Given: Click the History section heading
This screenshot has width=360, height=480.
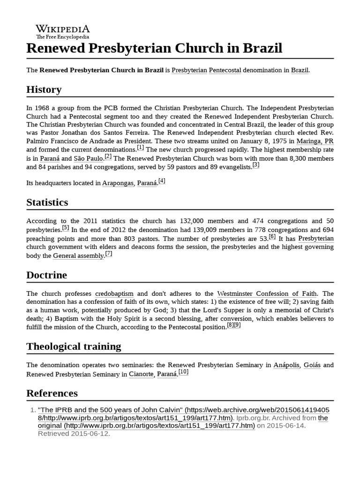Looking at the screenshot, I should tap(44, 90).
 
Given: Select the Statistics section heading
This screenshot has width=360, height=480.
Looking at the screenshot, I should tap(47, 202).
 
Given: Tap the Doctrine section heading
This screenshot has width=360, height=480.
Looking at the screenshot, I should tap(46, 275).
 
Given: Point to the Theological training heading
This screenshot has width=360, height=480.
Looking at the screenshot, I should tap(74, 346).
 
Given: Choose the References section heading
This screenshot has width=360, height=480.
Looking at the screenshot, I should tap(52, 393).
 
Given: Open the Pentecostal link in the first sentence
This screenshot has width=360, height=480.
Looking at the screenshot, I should tap(225, 70).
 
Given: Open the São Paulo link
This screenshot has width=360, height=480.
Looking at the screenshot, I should tap(89, 158).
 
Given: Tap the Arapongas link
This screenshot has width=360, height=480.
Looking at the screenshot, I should tap(118, 183).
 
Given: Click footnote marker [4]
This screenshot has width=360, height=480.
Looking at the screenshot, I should tap(162, 181).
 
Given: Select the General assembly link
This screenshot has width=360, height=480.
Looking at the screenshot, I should tap(78, 256).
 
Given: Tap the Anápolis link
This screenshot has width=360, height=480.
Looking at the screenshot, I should tap(286, 365).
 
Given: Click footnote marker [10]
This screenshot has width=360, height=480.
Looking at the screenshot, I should tap(183, 372).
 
